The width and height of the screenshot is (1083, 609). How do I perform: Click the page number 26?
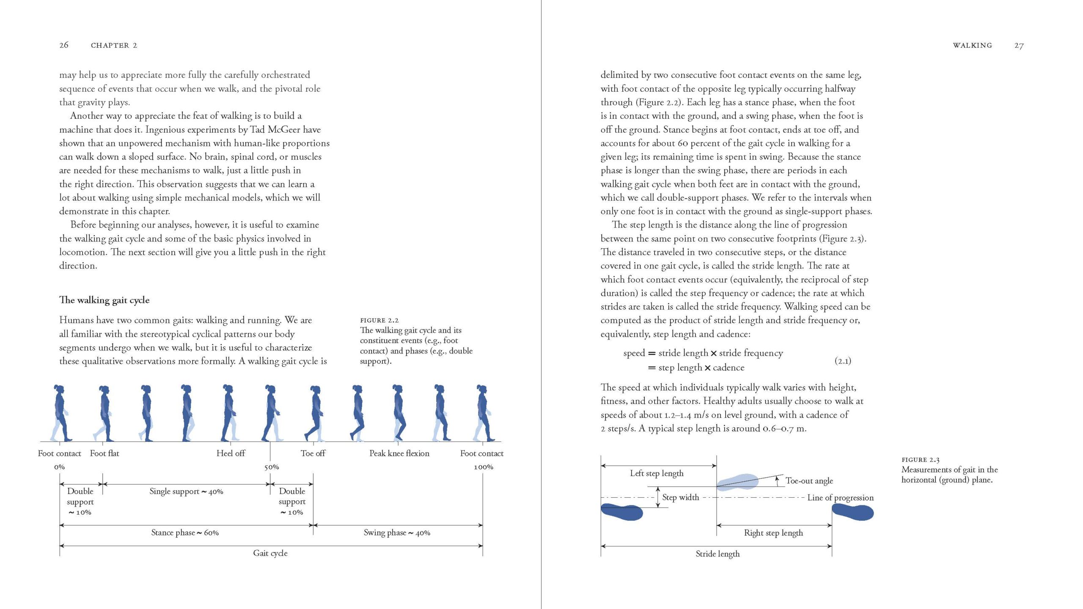(64, 45)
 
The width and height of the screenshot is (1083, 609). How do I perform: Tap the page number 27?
(1019, 45)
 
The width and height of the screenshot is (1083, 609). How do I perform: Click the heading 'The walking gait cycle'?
(104, 300)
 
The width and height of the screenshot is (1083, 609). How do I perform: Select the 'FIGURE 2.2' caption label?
(379, 320)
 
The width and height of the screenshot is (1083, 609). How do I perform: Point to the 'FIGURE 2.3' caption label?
(921, 459)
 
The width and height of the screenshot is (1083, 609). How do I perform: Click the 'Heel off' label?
(231, 453)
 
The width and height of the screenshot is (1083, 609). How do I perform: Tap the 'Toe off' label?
(313, 453)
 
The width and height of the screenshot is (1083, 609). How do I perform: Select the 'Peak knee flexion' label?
(399, 453)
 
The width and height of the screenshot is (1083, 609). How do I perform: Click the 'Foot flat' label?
(104, 453)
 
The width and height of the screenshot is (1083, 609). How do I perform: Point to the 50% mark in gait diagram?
(272, 467)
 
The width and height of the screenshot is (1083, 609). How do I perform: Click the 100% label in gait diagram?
(483, 467)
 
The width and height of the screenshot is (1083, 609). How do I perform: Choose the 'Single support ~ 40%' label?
(186, 491)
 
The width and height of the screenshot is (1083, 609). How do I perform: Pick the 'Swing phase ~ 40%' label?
(397, 532)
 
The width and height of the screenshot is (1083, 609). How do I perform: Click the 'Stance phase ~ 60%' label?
(185, 532)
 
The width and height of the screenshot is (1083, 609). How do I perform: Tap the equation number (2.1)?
(843, 360)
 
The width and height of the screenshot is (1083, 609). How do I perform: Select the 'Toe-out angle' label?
(809, 480)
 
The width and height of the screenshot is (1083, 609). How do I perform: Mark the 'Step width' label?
(680, 497)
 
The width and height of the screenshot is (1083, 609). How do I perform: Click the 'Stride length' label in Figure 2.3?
(717, 554)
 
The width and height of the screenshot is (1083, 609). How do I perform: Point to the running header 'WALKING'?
(972, 45)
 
